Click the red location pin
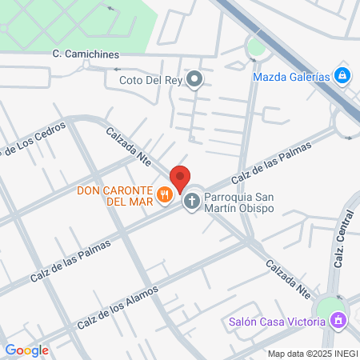[x=181, y=178]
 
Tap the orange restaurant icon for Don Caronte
[x=165, y=193]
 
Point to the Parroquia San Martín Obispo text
[x=238, y=203]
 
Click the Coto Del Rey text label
[x=150, y=80]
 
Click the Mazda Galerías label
[x=290, y=77]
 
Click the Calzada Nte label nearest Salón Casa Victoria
[x=288, y=277]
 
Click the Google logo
[x=26, y=350]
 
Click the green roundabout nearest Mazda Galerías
[x=256, y=48]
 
